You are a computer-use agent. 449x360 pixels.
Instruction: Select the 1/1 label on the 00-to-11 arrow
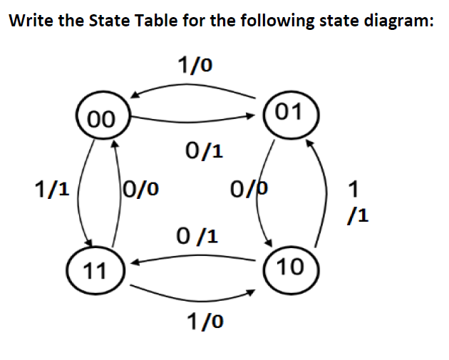point(52,189)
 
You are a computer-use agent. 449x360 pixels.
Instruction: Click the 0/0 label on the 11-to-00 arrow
point(140,189)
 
